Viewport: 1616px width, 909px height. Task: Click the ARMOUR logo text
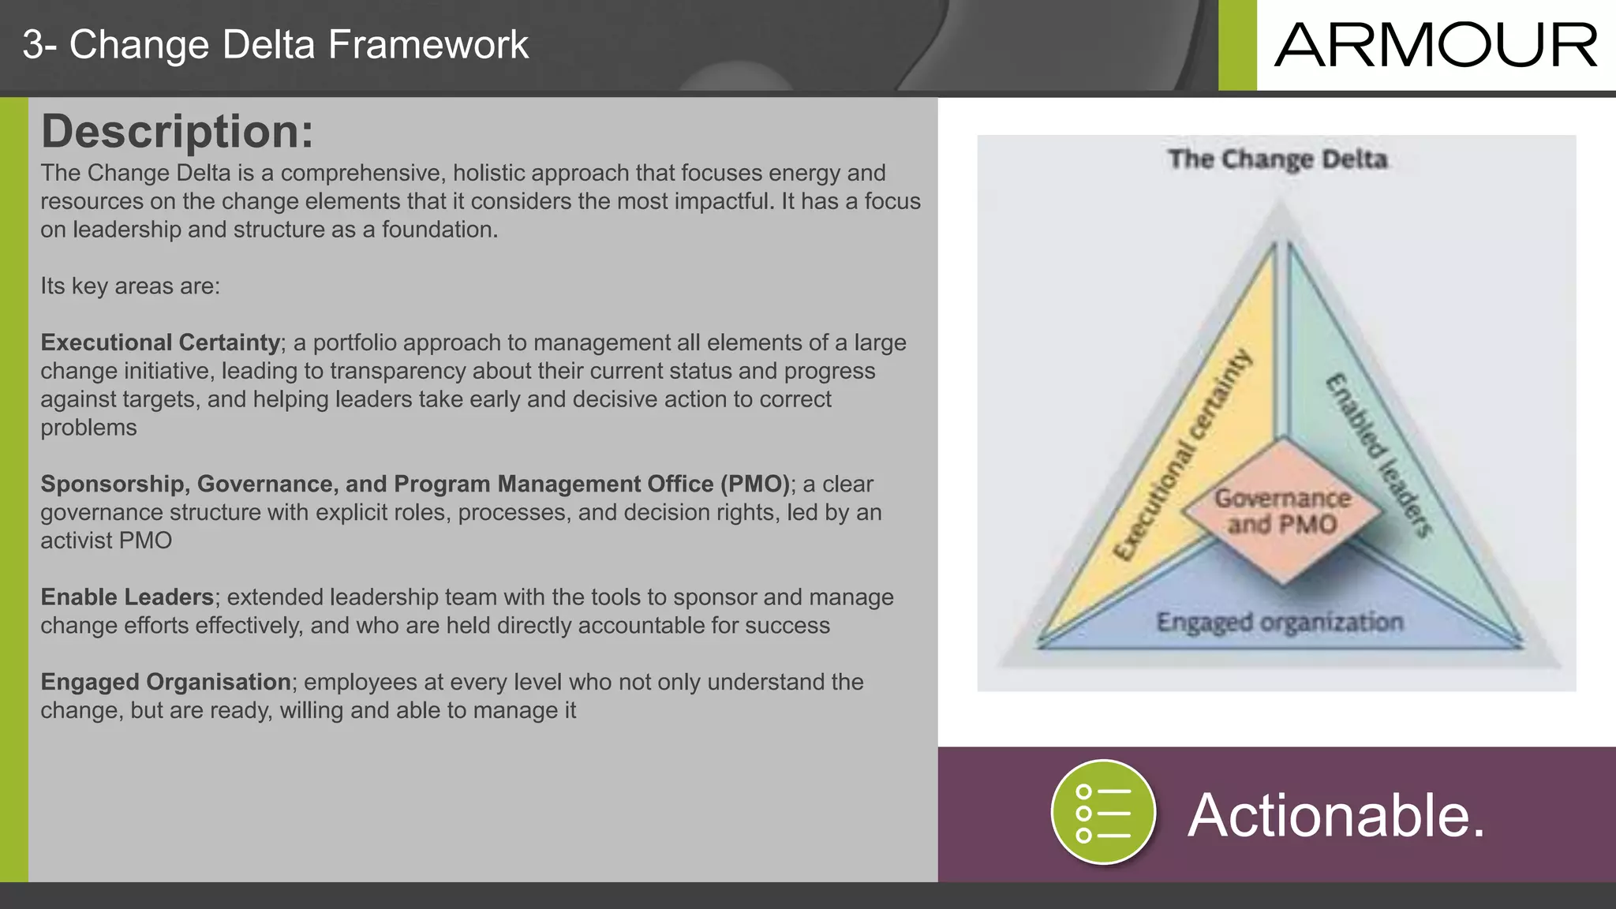pos(1435,46)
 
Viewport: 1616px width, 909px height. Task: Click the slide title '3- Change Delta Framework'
pos(275,45)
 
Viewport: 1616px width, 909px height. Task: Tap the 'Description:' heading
pos(177,131)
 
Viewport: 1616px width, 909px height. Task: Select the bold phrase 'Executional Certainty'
pos(160,342)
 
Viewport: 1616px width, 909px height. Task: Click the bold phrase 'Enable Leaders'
pos(127,597)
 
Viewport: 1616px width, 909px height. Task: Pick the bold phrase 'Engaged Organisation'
pos(166,682)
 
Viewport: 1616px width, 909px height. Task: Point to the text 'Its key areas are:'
pos(130,286)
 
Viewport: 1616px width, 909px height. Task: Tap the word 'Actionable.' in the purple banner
pos(1336,815)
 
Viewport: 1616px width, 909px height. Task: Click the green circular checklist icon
pos(1103,812)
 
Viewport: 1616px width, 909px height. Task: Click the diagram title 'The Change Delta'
pos(1277,159)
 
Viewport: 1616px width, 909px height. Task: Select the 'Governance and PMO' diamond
pos(1281,512)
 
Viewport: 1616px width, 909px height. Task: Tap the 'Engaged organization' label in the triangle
pos(1279,622)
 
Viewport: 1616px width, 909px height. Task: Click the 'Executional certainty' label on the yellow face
pos(1182,456)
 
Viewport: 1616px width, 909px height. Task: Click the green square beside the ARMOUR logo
pos(1237,45)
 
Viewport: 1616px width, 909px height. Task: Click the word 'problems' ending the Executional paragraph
pos(88,428)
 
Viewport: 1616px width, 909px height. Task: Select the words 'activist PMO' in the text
pos(106,541)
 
